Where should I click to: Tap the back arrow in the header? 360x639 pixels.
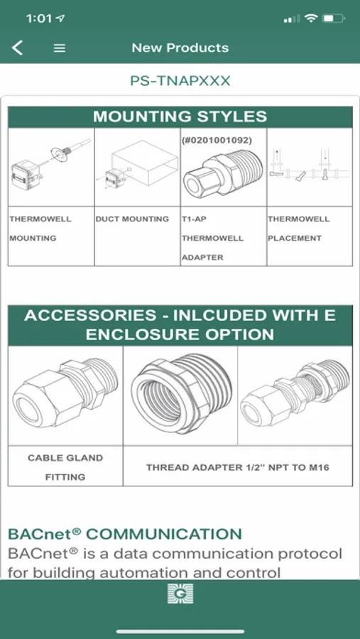coord(17,48)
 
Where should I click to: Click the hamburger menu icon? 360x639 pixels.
coord(60,48)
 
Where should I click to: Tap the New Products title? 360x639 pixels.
coord(180,48)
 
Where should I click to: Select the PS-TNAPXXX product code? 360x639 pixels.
coord(180,81)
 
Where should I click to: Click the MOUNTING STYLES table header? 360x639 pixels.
coord(180,116)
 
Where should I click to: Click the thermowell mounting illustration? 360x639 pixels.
coord(50,164)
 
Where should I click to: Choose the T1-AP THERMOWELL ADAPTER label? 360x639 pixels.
coord(212,238)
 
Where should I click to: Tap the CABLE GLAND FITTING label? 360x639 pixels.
coord(65,467)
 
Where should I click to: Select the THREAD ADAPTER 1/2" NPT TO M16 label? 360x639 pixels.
coord(238,467)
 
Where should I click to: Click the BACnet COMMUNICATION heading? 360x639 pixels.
coord(125,533)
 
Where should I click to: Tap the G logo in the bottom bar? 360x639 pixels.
coord(180,594)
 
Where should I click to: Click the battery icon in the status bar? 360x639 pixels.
coord(333,18)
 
